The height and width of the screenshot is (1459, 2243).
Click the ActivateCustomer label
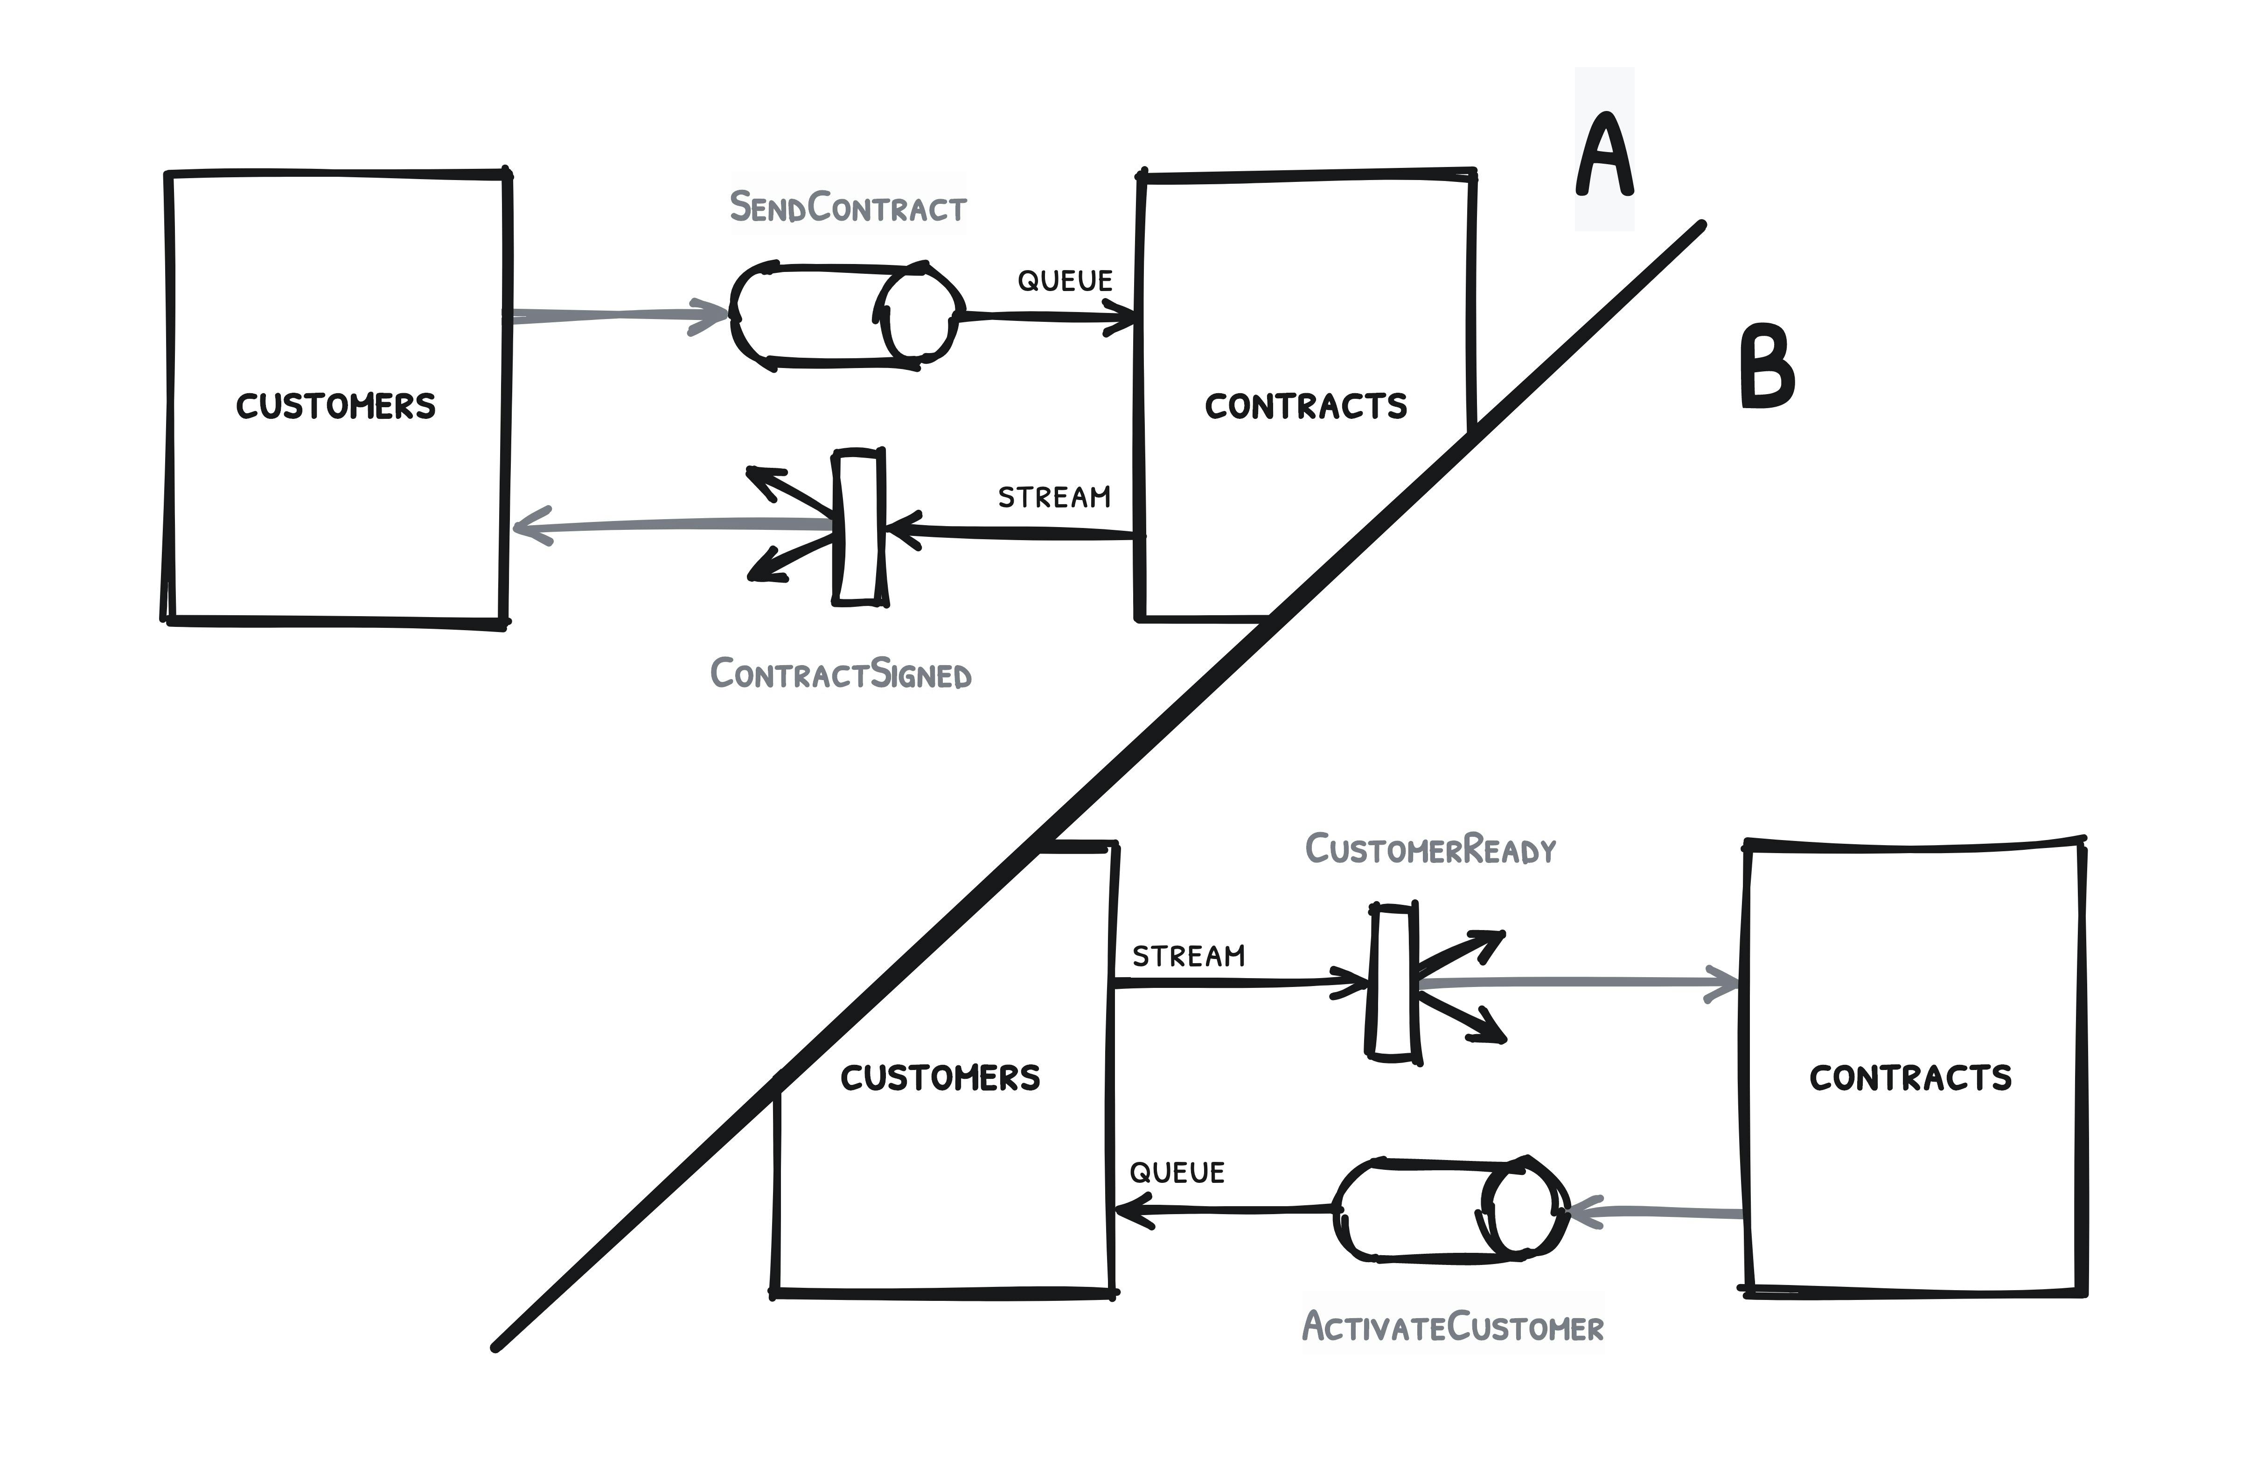click(1453, 1327)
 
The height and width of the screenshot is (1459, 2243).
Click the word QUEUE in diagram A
click(1065, 281)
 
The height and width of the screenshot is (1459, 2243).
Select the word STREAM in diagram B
click(1188, 957)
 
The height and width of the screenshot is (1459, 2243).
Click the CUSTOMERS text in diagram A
click(335, 406)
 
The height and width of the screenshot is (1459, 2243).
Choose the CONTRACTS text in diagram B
click(1910, 1077)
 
